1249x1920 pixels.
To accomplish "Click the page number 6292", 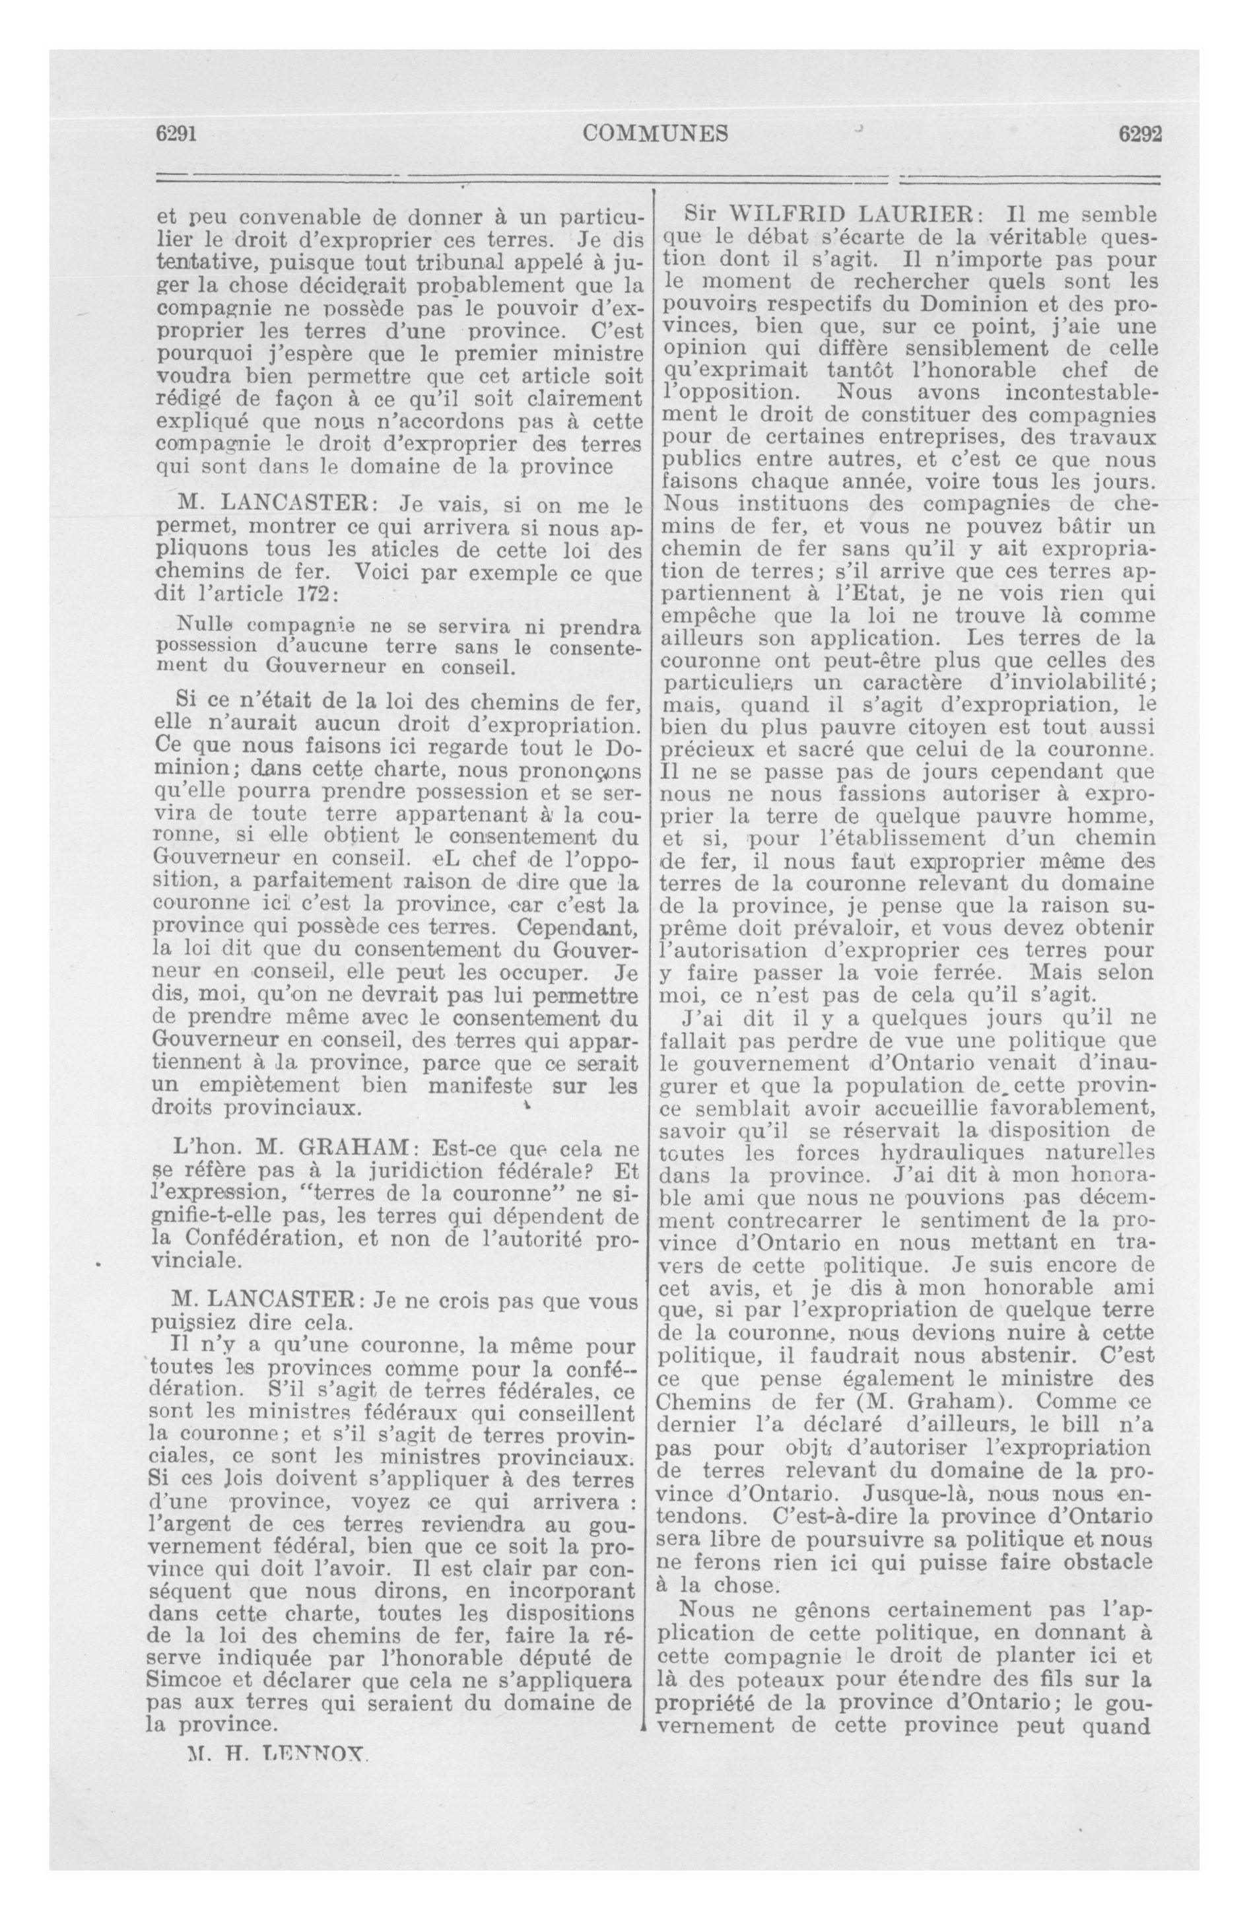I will pos(1139,134).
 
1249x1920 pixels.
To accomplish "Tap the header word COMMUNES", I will pos(655,133).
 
